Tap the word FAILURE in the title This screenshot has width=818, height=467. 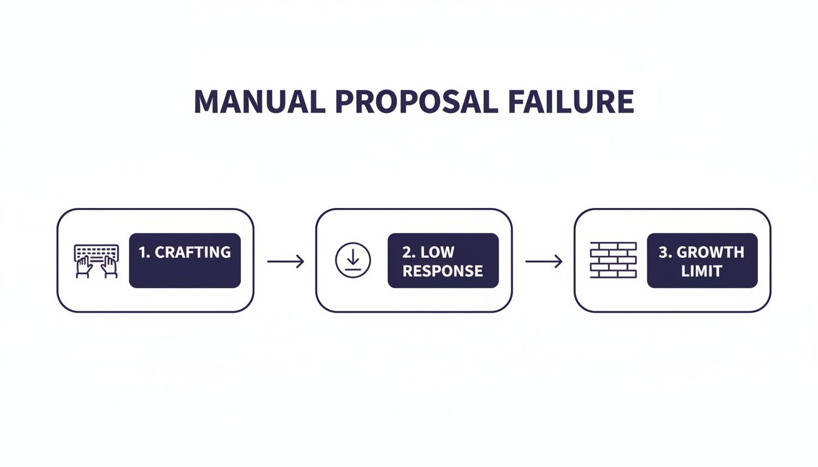click(566, 102)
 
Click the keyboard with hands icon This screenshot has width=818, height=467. click(96, 261)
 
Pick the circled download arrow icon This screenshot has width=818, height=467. click(352, 260)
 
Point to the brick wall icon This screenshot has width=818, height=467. click(613, 260)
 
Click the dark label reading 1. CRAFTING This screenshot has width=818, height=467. click(185, 260)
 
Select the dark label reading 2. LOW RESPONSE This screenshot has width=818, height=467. click(443, 260)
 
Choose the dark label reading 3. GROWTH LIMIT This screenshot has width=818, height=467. click(702, 260)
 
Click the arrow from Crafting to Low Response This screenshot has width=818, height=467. click(285, 261)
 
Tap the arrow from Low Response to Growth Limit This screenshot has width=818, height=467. click(544, 261)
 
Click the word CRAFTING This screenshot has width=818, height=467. click(193, 252)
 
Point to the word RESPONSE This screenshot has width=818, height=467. click(442, 271)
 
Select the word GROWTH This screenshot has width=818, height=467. click(710, 252)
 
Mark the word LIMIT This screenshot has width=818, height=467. click(701, 271)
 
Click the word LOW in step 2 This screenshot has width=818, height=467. click(437, 252)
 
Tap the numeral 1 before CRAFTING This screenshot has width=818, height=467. click(143, 252)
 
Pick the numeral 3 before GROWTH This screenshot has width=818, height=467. click(663, 252)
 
